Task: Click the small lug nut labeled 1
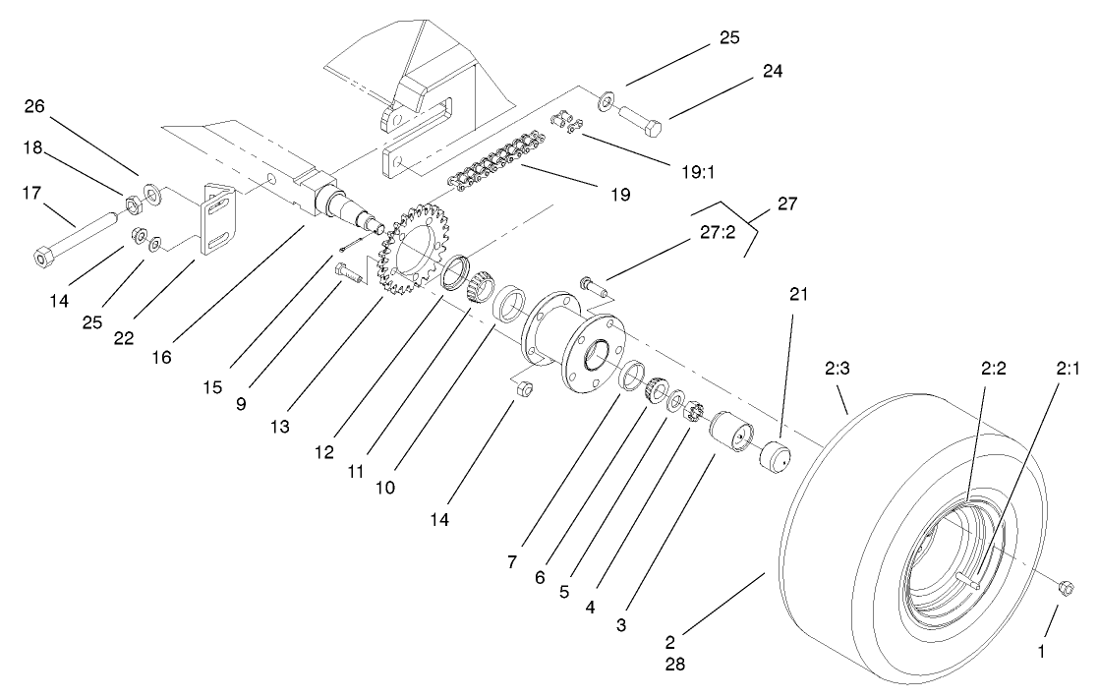[1065, 587]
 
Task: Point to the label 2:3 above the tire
[835, 375]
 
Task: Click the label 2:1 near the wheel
[1038, 373]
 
